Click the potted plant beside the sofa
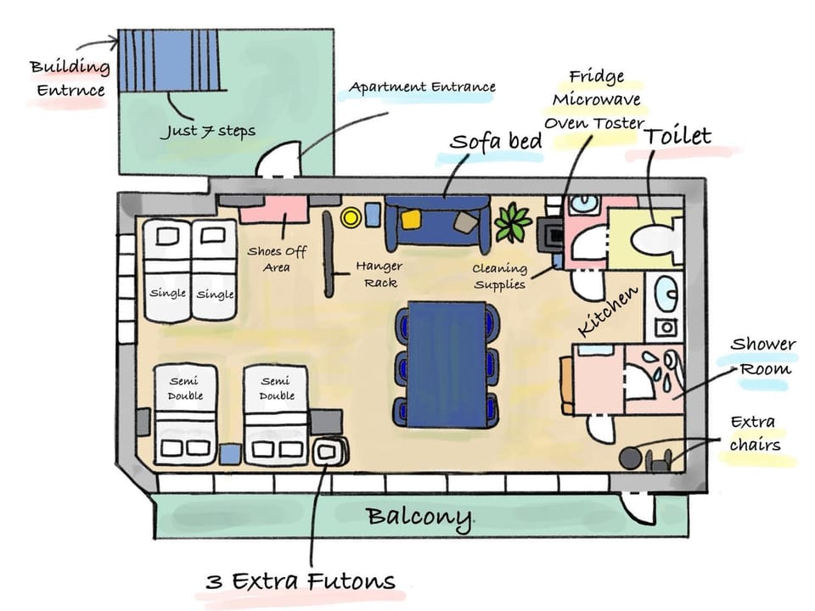(513, 223)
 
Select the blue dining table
(447, 364)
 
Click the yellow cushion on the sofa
(411, 219)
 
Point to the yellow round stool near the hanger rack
(351, 216)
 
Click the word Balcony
(419, 519)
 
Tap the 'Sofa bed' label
(496, 142)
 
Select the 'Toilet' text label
(677, 137)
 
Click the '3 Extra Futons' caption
(301, 580)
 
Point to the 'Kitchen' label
(607, 311)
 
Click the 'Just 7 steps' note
(209, 131)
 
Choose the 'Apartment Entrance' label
(422, 87)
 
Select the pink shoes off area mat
(273, 209)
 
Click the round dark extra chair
(630, 458)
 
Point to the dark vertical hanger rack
(329, 254)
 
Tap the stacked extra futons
(329, 451)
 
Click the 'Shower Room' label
(762, 356)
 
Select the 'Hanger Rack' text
(379, 274)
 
